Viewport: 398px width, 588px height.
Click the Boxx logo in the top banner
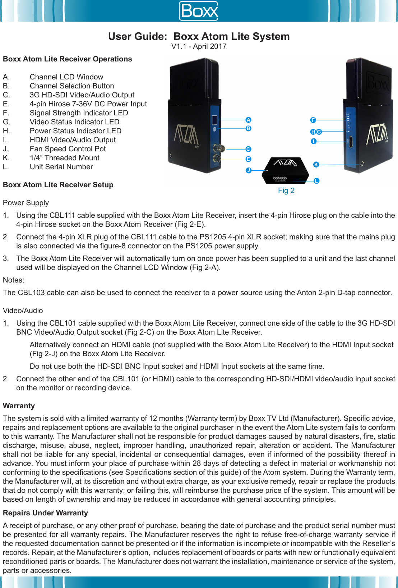[x=199, y=11]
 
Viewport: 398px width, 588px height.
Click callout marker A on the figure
[x=248, y=120]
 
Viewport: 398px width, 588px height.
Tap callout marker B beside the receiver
[x=248, y=129]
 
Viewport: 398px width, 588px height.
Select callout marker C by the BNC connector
[x=248, y=149]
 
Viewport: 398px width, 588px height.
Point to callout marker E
[x=248, y=159]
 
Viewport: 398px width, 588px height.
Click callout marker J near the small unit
[x=249, y=170]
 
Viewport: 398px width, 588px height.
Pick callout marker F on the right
[x=313, y=120]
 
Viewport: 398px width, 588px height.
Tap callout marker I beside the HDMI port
[x=314, y=142]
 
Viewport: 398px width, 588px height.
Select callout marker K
[x=316, y=165]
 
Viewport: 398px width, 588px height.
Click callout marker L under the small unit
[x=316, y=181]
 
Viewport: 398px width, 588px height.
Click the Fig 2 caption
[x=286, y=190]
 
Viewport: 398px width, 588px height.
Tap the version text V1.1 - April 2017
[x=199, y=46]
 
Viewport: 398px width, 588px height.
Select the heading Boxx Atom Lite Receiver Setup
[x=58, y=185]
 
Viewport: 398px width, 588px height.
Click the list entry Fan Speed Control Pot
[x=68, y=149]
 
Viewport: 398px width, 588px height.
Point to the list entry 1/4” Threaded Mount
[x=65, y=158]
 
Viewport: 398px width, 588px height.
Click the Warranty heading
[x=19, y=406]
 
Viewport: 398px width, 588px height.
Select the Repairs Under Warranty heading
[x=45, y=513]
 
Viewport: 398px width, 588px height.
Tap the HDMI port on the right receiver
[x=351, y=142]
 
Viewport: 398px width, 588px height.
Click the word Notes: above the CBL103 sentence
[x=14, y=280]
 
